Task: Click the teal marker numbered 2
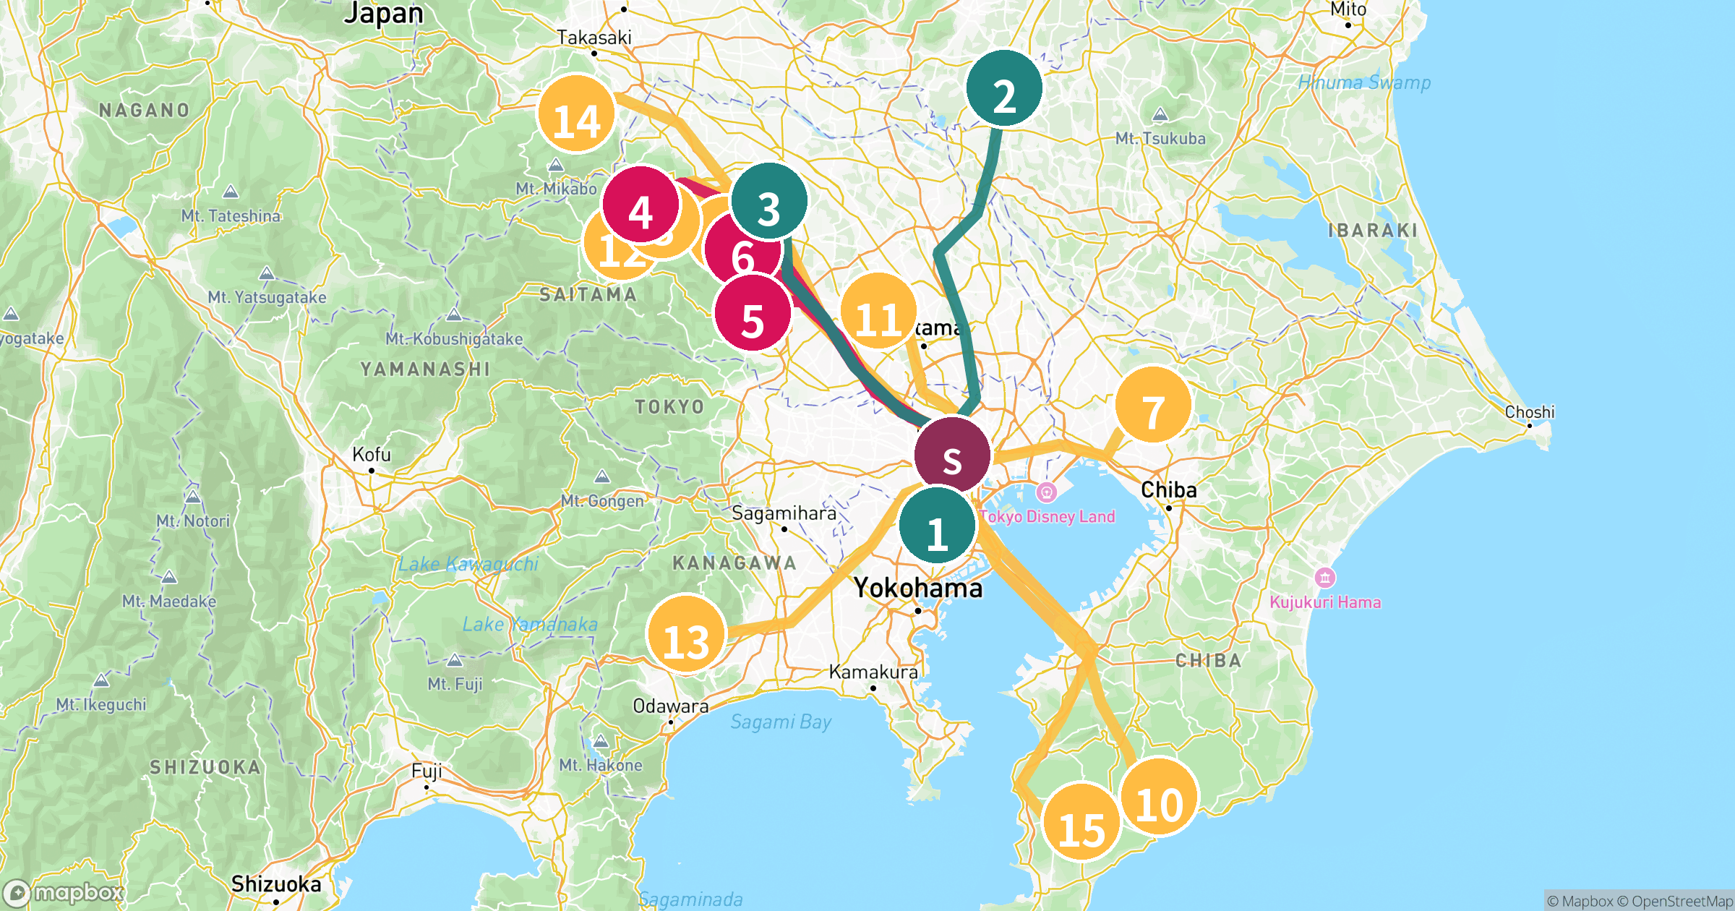pos(1003,88)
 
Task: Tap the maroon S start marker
pos(952,455)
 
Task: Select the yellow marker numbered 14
pos(576,114)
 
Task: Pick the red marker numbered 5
pos(753,313)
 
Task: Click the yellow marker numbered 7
pos(1153,405)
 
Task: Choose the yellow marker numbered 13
pos(685,633)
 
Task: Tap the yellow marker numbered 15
pos(1081,821)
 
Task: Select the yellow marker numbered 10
pos(1160,797)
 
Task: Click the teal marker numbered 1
pos(938,526)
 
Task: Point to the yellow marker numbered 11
pos(878,311)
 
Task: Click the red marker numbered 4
pos(641,205)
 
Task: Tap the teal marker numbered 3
pos(769,201)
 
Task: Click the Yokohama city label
pos(917,589)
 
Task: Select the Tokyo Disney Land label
pos(1047,516)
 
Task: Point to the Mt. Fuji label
pos(455,683)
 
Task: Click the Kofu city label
pos(372,455)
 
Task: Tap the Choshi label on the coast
pos(1529,412)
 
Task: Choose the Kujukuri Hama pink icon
pos(1324,578)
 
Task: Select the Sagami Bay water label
pos(781,722)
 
